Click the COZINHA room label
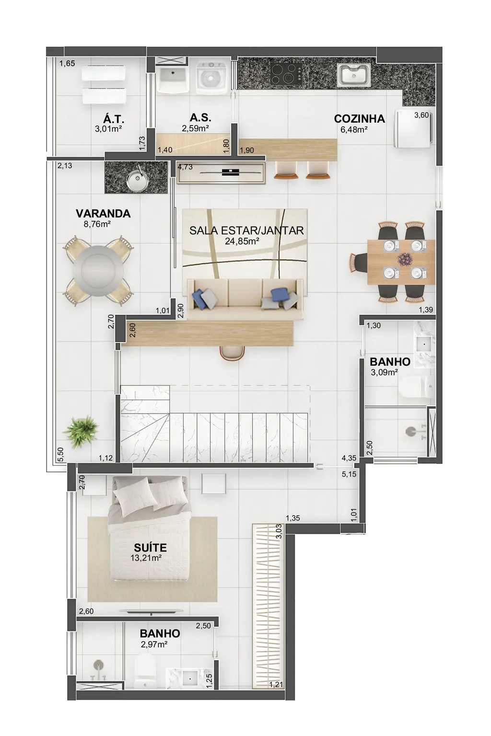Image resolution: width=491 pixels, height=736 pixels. tap(359, 119)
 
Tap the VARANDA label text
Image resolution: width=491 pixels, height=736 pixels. tap(103, 214)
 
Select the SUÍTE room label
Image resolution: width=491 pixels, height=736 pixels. tap(150, 547)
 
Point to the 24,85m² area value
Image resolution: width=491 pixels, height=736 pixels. tap(242, 242)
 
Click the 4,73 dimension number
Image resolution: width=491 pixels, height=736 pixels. tap(185, 167)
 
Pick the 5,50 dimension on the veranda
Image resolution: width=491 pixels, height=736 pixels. tap(60, 454)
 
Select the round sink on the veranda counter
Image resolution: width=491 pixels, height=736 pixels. tap(138, 180)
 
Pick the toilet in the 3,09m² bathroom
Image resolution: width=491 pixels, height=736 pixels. tap(417, 387)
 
